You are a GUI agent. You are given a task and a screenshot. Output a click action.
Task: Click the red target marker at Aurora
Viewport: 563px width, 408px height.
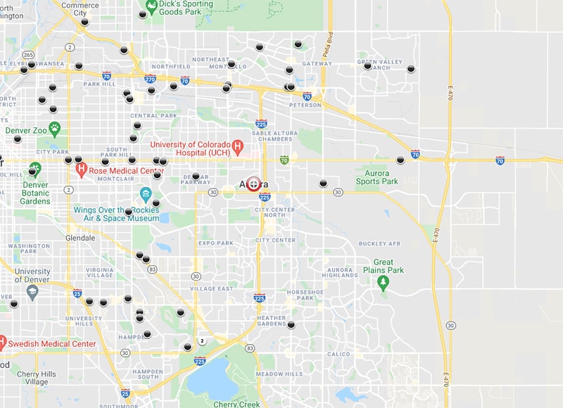click(253, 184)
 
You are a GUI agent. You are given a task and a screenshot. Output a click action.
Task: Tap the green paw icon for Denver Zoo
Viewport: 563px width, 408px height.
click(54, 129)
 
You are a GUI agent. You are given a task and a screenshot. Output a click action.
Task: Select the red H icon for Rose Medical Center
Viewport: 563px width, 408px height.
click(82, 169)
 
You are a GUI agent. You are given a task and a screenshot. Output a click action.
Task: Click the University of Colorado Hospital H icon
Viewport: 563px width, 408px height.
click(237, 147)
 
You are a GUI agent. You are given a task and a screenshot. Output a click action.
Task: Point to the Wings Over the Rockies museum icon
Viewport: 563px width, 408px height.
click(146, 193)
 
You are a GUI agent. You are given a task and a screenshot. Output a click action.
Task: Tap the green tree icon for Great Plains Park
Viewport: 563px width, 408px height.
click(383, 283)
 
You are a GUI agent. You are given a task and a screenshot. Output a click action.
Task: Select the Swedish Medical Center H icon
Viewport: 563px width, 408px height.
click(3, 344)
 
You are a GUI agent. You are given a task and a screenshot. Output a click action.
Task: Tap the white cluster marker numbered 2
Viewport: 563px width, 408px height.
click(202, 341)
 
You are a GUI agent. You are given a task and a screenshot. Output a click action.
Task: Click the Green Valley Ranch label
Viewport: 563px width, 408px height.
click(379, 65)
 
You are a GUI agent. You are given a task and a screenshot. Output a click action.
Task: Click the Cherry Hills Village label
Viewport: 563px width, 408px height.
click(32, 378)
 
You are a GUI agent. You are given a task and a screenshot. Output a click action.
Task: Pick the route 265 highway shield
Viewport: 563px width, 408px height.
click(28, 55)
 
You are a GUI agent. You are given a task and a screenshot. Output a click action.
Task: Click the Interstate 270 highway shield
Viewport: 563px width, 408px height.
click(149, 79)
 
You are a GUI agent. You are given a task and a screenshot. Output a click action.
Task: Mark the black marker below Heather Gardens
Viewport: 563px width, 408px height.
click(291, 325)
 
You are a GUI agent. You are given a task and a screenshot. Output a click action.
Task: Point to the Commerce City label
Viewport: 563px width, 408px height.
click(80, 8)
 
